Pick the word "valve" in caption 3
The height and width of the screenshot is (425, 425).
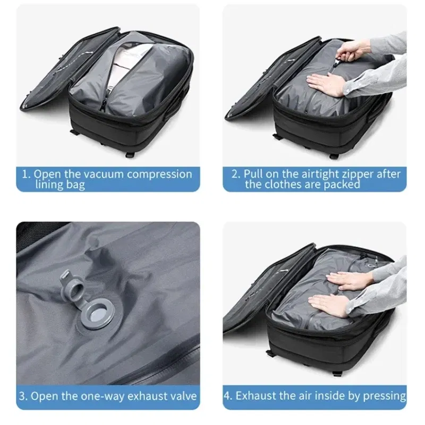pyautogui.click(x=182, y=396)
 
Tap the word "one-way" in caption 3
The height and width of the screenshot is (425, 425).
pyautogui.click(x=102, y=396)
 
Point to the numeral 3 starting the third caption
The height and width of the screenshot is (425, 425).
pyautogui.click(x=23, y=396)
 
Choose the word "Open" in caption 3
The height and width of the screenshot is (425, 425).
pyautogui.click(x=46, y=396)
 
